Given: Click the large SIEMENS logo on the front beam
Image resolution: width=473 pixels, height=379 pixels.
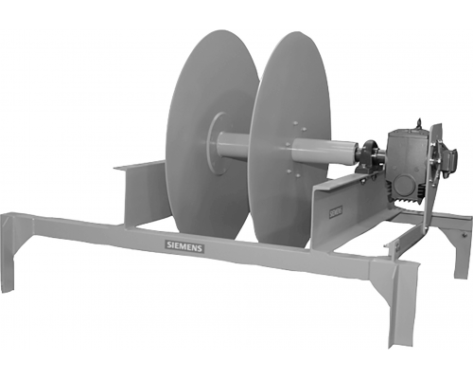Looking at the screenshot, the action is pyautogui.click(x=184, y=246).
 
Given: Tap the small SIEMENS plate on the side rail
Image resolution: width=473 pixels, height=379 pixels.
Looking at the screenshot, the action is pyautogui.click(x=336, y=212).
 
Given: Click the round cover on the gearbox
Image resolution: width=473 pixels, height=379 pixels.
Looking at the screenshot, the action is pyautogui.click(x=404, y=183).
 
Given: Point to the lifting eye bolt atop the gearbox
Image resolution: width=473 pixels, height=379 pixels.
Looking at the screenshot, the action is pyautogui.click(x=419, y=123).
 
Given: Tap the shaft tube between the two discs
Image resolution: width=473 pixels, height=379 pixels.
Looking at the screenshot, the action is pyautogui.click(x=234, y=146).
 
